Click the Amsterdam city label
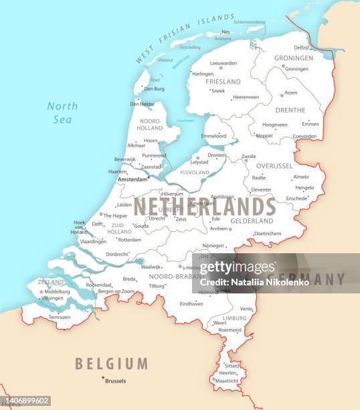(132, 180)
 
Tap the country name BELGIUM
(111, 364)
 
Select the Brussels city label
(115, 381)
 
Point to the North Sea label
(62, 113)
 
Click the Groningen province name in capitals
(293, 58)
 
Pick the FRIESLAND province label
(223, 82)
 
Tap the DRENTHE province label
(290, 111)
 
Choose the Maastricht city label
(227, 381)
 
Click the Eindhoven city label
(191, 303)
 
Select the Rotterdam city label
(129, 239)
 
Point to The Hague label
(114, 216)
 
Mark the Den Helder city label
(142, 104)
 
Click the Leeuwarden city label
(223, 63)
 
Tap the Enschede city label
(296, 198)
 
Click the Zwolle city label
(249, 157)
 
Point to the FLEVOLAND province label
(195, 172)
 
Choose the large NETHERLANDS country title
(204, 206)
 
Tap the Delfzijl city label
(302, 48)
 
